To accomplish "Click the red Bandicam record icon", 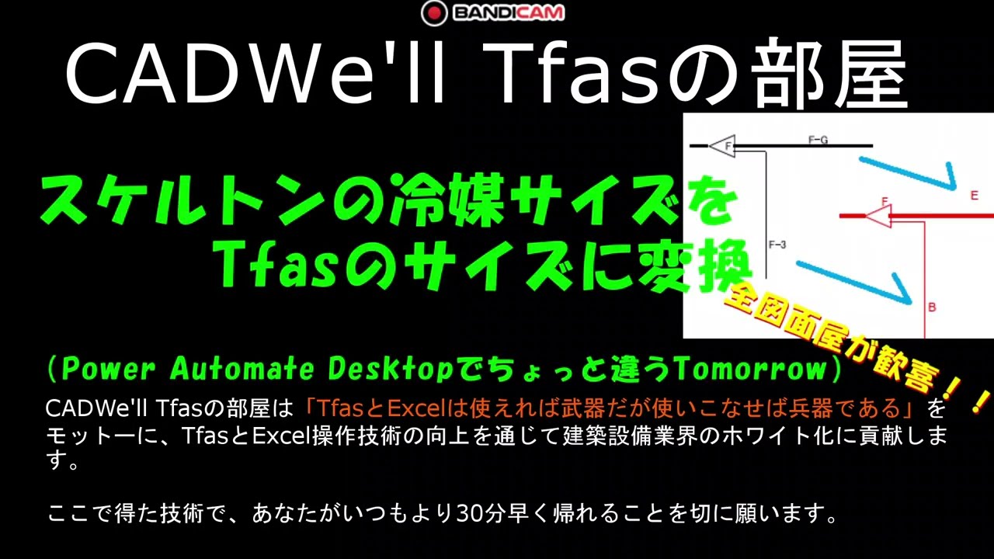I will (x=434, y=13).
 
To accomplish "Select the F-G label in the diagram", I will (x=818, y=140).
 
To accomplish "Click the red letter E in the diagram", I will (x=975, y=196).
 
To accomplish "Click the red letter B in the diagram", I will (x=932, y=307).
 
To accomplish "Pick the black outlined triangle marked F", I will (x=723, y=145).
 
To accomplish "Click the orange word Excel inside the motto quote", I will (x=420, y=408).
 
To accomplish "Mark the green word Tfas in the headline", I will (x=275, y=263).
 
